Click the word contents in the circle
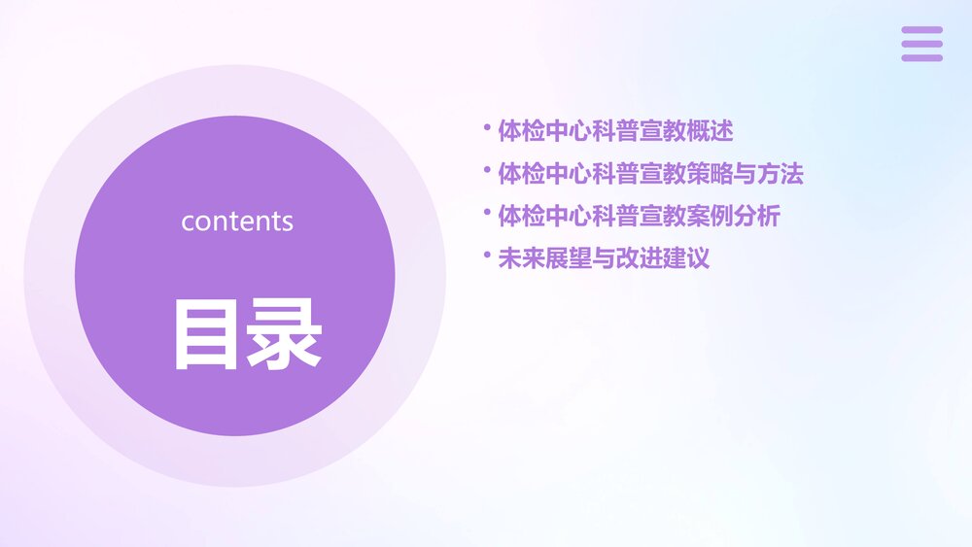(236, 222)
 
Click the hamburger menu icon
(921, 44)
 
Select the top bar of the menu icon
(921, 30)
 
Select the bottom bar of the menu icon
(921, 57)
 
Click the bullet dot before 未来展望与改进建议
(486, 256)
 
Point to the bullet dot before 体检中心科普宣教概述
(486, 125)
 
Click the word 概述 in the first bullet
(710, 129)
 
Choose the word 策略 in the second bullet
(710, 175)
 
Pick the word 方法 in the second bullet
(781, 175)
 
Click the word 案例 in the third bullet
(710, 217)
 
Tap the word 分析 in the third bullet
(757, 217)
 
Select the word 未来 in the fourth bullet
(521, 259)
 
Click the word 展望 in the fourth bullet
(569, 259)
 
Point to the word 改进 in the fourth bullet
(640, 259)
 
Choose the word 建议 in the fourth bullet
(686, 259)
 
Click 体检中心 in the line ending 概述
(544, 129)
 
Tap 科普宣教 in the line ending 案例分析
(639, 217)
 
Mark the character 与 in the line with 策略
(745, 175)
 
